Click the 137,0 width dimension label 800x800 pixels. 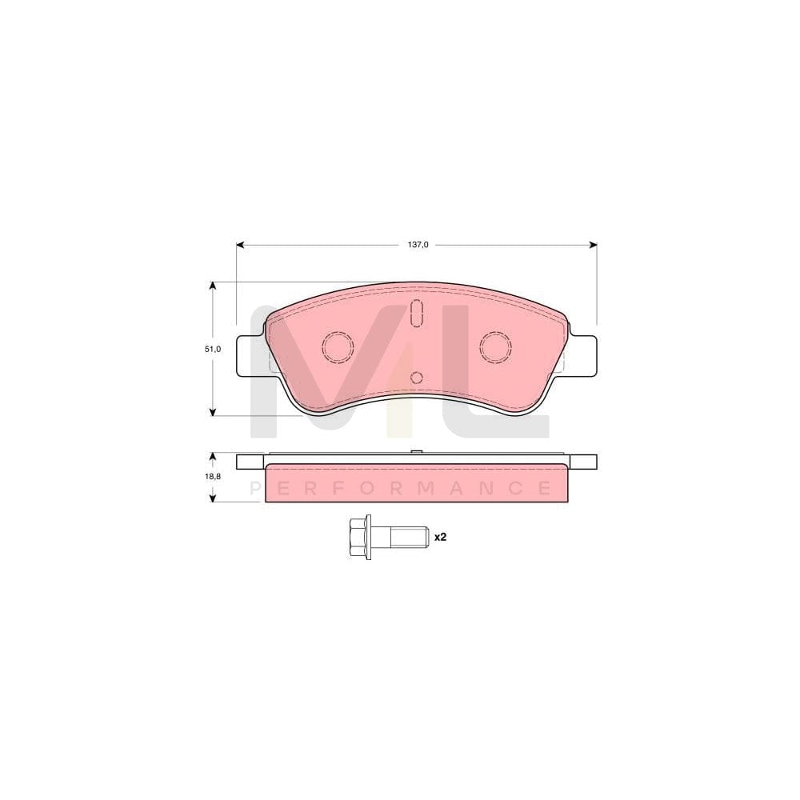pos(418,245)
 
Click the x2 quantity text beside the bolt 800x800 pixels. pos(439,538)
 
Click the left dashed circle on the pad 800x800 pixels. pos(337,346)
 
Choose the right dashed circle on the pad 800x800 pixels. pos(495,346)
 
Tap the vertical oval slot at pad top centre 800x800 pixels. pos(416,313)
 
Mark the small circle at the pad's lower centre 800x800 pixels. pos(416,378)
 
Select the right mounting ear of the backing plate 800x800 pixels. pos(583,355)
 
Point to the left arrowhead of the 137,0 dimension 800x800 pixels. pos(239,245)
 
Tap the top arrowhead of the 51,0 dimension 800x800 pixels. pos(212,285)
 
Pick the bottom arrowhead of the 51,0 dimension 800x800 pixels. pos(212,412)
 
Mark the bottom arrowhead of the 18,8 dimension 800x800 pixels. pos(212,498)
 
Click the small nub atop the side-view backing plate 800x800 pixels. pos(416,453)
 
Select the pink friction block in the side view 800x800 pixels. pos(416,483)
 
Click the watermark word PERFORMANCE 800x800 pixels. pos(400,487)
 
